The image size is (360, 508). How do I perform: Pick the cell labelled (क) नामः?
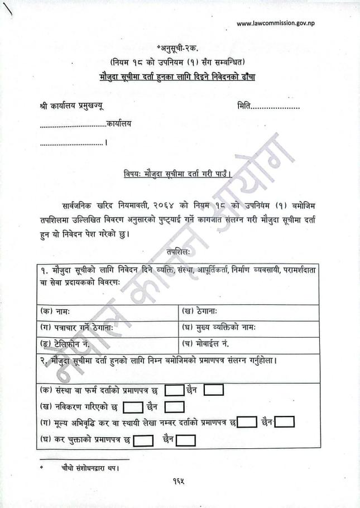(x=108, y=310)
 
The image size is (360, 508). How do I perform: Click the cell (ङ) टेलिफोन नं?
(x=108, y=342)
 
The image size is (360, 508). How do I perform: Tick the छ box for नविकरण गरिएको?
(x=132, y=407)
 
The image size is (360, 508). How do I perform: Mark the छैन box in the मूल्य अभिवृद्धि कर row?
(x=285, y=422)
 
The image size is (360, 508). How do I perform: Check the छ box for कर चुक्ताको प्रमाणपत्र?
(x=143, y=440)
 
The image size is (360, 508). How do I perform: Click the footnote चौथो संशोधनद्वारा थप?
(x=89, y=468)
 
